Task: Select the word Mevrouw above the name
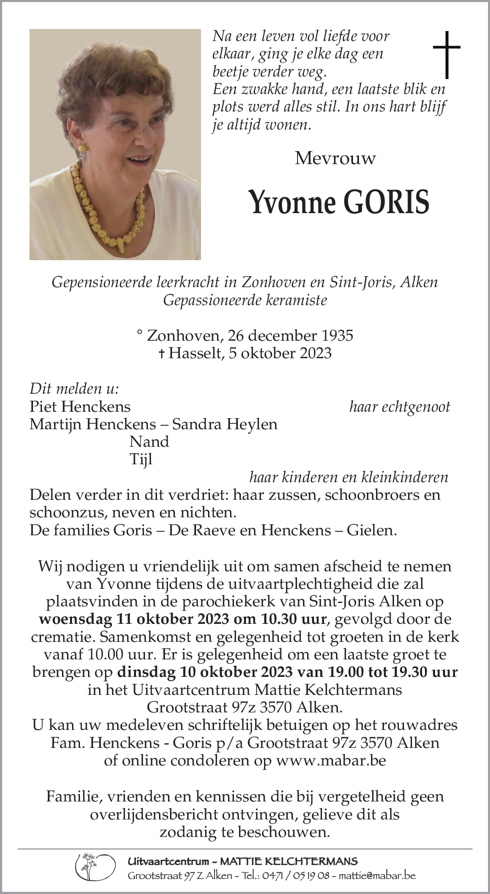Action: [335, 158]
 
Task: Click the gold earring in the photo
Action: [81, 149]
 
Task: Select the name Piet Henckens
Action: [80, 406]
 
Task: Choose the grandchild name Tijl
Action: [141, 459]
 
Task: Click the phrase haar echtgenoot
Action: [399, 406]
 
